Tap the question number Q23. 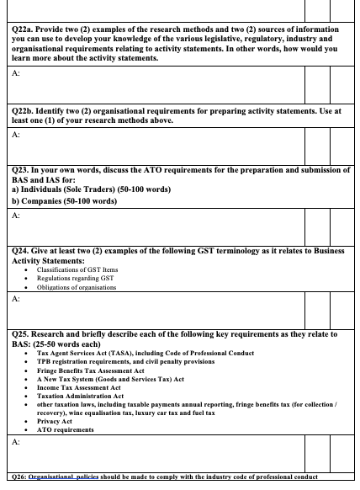(13, 170)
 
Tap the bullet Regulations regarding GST (71, 279)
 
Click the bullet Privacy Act (56, 422)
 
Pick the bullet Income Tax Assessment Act (80, 387)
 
